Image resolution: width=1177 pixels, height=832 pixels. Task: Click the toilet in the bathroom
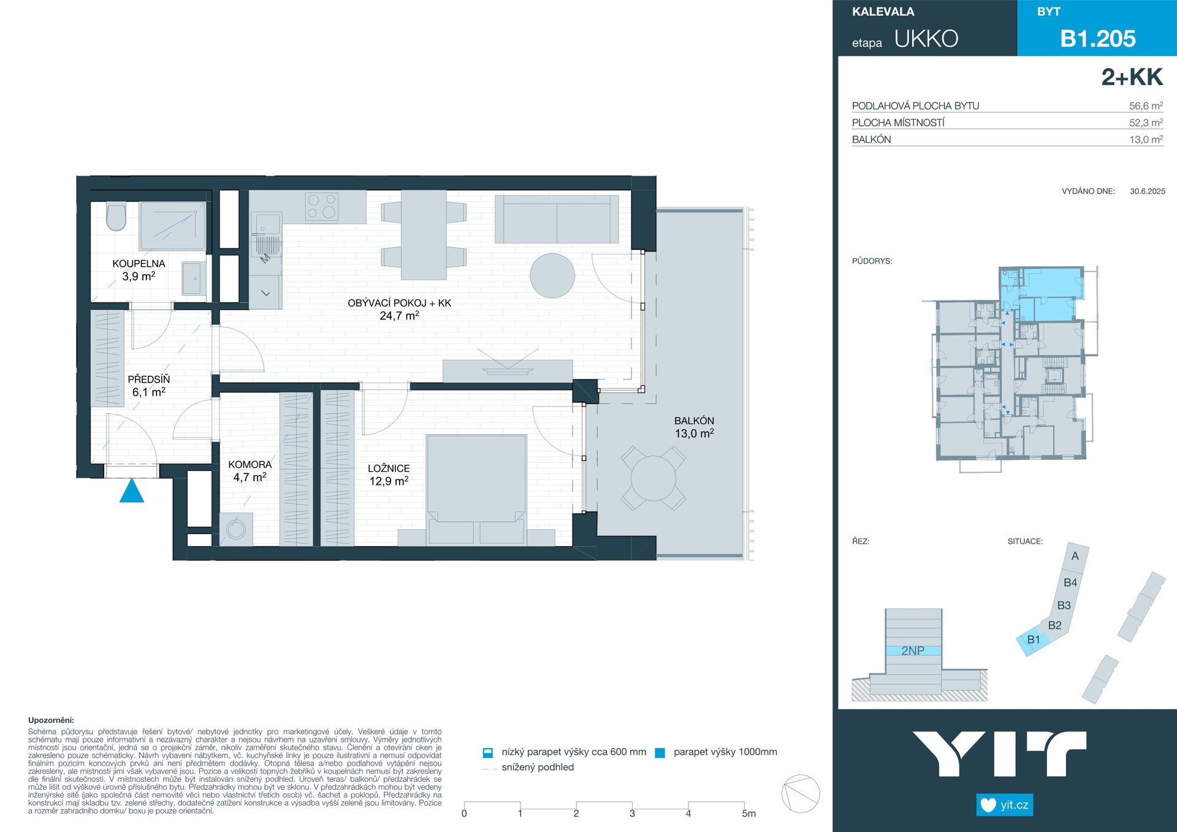coord(116,216)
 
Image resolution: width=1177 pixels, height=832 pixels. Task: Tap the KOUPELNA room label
coord(139,264)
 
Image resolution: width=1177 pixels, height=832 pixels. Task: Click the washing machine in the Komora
coord(236,529)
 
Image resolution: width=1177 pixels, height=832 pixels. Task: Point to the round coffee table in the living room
coord(552,276)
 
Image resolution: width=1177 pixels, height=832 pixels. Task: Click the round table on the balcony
coord(653,479)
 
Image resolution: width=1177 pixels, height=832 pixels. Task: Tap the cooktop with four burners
coord(322,207)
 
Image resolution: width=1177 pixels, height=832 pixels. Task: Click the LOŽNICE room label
coord(389,468)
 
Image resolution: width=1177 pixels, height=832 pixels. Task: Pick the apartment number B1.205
coord(1098,39)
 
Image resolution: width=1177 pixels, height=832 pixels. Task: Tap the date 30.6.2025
coord(1148,191)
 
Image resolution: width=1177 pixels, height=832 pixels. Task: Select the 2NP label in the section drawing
coord(913,651)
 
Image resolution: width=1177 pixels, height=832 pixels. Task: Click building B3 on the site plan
coord(1064,605)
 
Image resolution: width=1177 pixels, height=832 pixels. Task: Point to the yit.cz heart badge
coord(1005,805)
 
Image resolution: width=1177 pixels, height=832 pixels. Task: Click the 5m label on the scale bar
coord(749,814)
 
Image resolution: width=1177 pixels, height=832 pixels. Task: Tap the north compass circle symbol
coord(801,794)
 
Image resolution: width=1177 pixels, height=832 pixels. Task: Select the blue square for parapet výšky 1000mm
coord(660,753)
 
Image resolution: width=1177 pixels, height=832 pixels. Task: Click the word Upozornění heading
coord(51,720)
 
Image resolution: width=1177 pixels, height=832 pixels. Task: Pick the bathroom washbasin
coord(193,279)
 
